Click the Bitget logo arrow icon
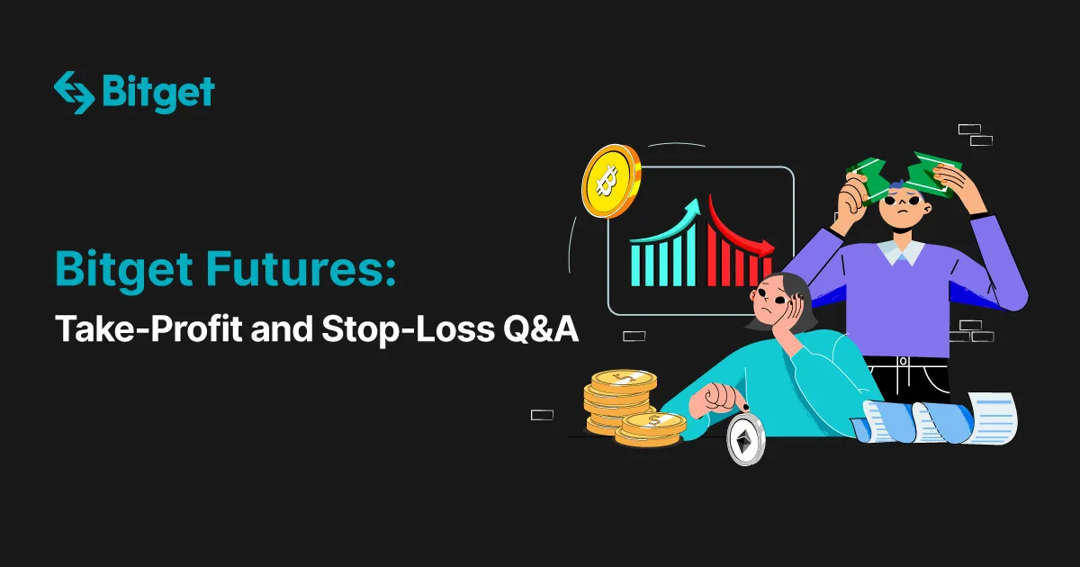[74, 93]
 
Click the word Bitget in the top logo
[158, 94]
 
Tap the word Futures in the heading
[301, 268]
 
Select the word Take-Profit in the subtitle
[148, 328]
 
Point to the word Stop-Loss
[408, 329]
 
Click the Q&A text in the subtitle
[541, 329]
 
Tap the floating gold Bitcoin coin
[611, 181]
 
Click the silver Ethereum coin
[745, 440]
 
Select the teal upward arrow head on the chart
[693, 207]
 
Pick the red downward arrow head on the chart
[766, 248]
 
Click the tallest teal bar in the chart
[691, 255]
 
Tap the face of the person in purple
[904, 206]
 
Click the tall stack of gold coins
[620, 401]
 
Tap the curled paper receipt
[935, 418]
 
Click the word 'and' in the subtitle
[282, 328]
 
